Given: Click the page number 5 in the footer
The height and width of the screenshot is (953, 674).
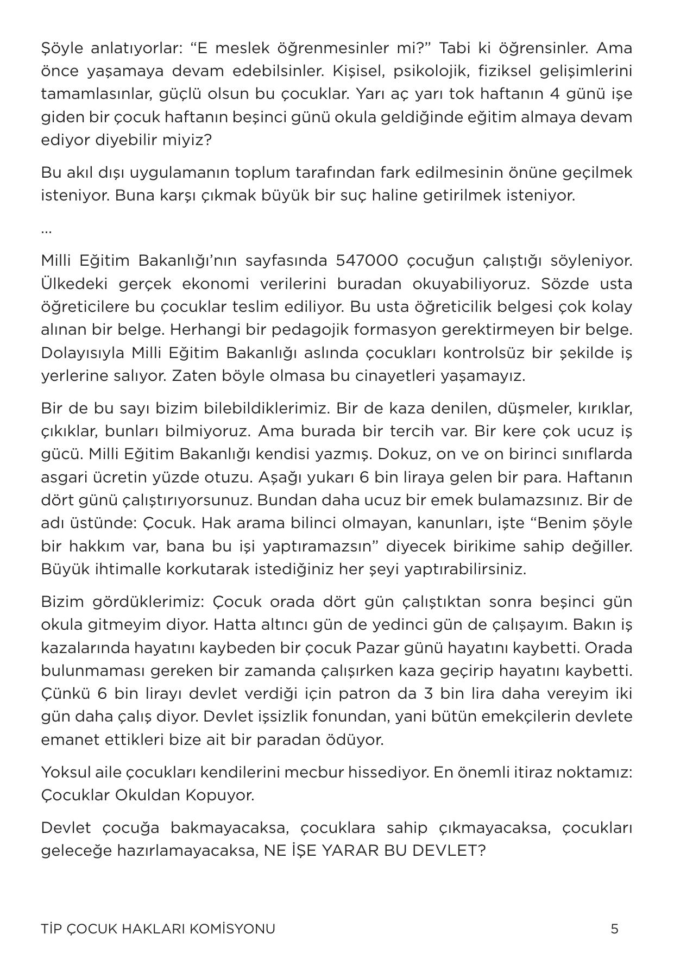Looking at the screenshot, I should click(614, 929).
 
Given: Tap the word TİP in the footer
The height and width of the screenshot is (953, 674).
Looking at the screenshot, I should click(52, 929).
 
